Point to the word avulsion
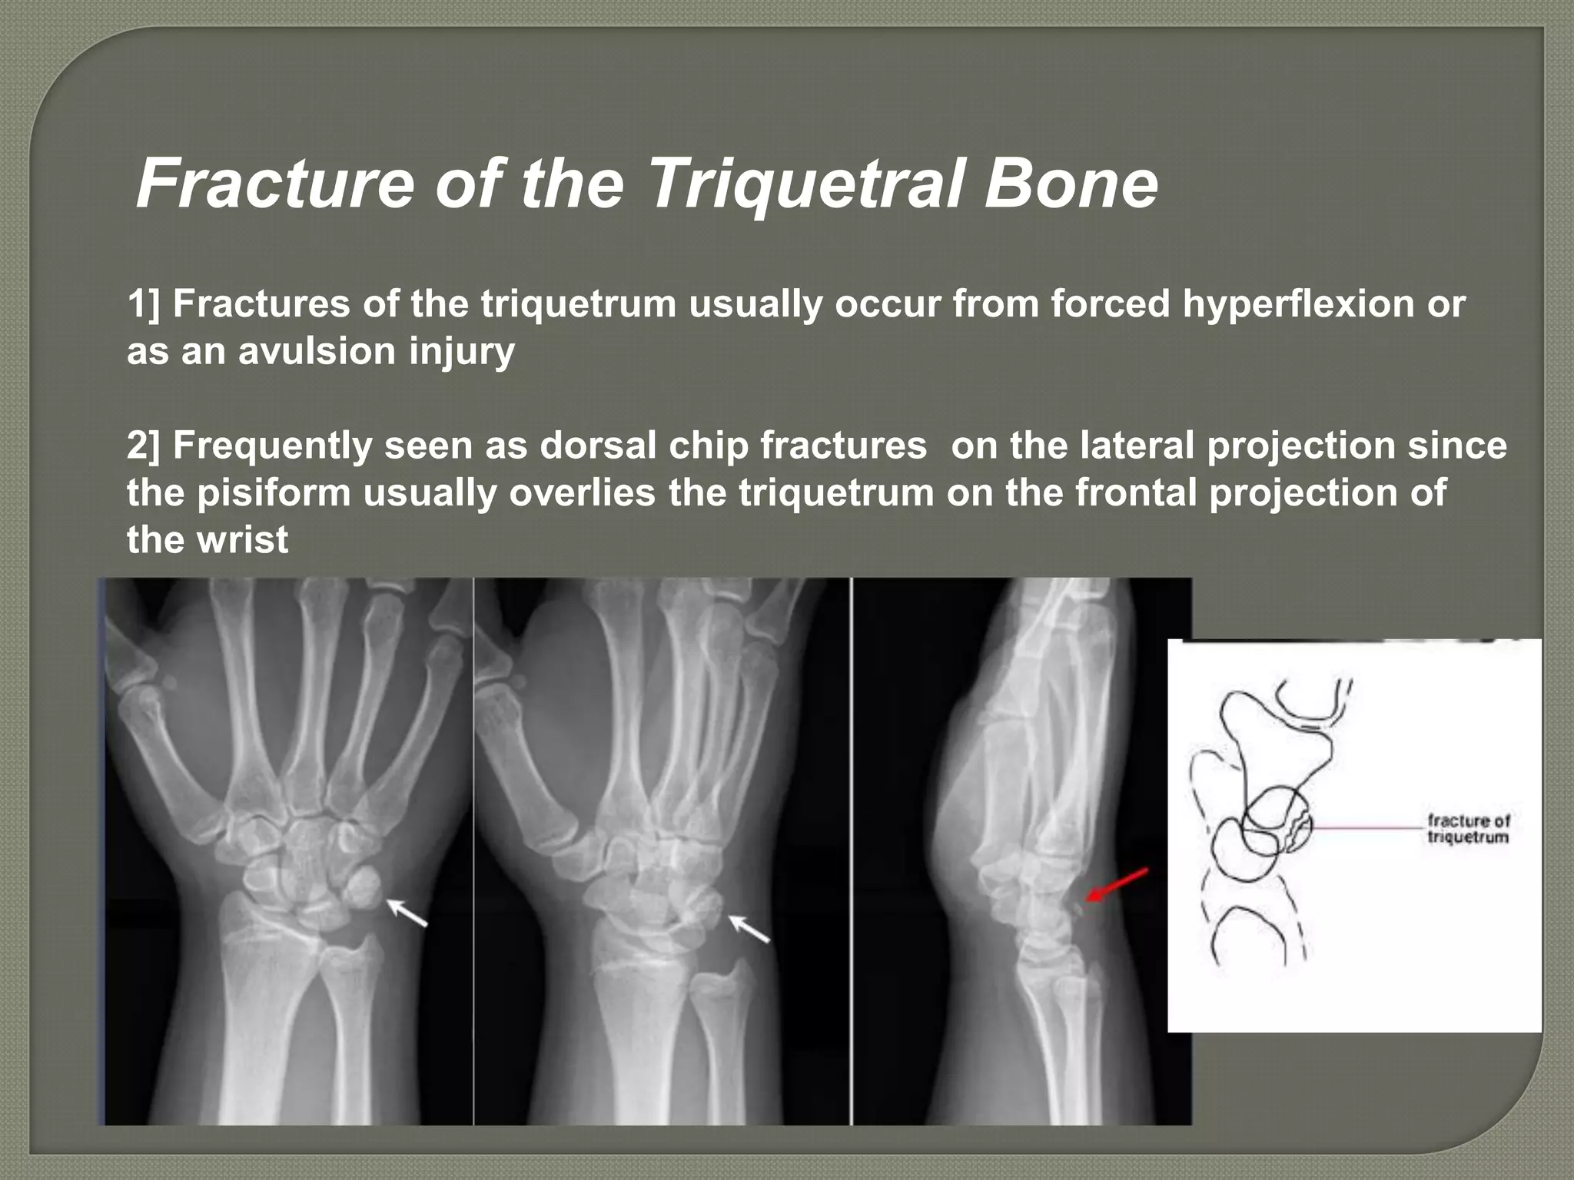click(317, 351)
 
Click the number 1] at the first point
click(144, 304)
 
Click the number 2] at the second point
click(144, 446)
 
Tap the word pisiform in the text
click(273, 492)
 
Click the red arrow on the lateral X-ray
click(1117, 884)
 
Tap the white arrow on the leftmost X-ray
click(407, 913)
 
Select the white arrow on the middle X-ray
click(749, 928)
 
